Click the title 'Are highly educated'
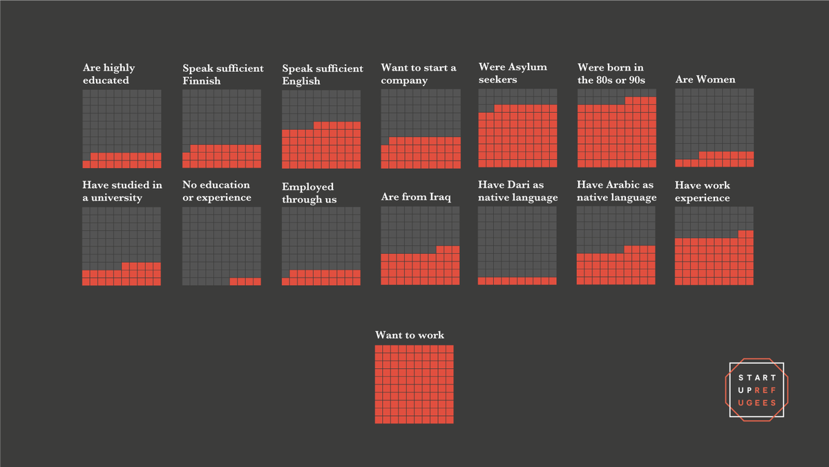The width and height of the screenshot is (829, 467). tap(108, 74)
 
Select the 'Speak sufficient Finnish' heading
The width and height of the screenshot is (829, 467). tap(222, 75)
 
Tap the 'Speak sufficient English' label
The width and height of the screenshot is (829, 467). tap(322, 75)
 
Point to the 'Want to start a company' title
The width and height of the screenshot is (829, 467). tap(419, 74)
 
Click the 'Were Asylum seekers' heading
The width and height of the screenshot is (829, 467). tap(513, 73)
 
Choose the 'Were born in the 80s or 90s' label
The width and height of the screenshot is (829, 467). tap(611, 73)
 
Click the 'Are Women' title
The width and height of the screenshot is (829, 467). tap(705, 80)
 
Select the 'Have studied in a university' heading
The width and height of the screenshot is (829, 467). tap(122, 192)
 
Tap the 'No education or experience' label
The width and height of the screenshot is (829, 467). tap(216, 192)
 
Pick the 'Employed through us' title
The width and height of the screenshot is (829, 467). tap(308, 193)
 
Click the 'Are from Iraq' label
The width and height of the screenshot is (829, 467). tap(416, 197)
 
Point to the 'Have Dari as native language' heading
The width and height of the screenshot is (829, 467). tap(517, 192)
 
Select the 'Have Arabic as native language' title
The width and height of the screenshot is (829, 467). tap(616, 192)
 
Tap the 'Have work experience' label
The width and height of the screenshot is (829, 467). tap(703, 192)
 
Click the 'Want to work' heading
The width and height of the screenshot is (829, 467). tap(410, 336)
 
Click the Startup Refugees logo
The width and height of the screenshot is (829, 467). tap(756, 390)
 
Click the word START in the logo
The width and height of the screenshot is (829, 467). tap(757, 378)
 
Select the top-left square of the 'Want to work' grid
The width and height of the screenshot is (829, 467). tap(379, 349)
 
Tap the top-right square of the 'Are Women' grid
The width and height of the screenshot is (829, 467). tap(750, 93)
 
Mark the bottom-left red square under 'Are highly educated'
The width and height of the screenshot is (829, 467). tap(86, 164)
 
